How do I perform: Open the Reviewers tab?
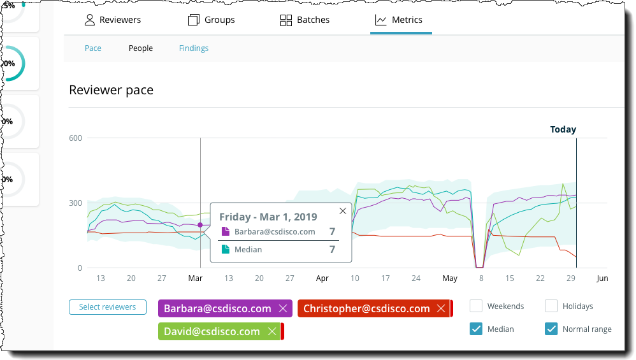(113, 20)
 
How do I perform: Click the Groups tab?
(212, 20)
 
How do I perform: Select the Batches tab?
(305, 20)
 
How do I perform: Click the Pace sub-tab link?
(93, 48)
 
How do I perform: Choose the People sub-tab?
(141, 48)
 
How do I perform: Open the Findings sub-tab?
(194, 48)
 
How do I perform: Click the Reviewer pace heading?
(111, 90)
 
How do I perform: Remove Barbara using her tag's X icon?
(283, 308)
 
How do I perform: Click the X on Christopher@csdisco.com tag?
(440, 308)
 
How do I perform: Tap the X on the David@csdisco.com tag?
(271, 331)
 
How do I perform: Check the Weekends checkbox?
(476, 306)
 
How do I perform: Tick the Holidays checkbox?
(551, 306)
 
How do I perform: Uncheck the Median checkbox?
(476, 329)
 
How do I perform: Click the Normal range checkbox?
(551, 329)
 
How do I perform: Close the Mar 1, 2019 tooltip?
(343, 211)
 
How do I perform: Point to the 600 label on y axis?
(76, 138)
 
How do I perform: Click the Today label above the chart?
(563, 129)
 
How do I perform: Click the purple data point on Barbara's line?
(200, 225)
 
